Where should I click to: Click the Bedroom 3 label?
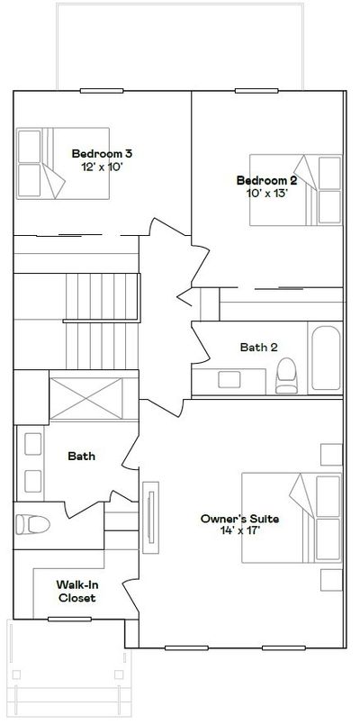click(102, 154)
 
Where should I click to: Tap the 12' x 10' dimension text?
click(102, 167)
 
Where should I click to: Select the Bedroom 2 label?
click(266, 180)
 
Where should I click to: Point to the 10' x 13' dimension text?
click(267, 193)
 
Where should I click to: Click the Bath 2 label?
click(258, 348)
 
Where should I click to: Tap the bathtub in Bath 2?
click(326, 357)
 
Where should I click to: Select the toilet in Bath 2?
click(286, 376)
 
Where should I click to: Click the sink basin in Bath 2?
click(229, 379)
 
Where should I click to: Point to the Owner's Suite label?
click(239, 519)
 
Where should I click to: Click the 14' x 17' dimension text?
click(240, 531)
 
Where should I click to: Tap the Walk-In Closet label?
click(76, 592)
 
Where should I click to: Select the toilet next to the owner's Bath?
click(32, 524)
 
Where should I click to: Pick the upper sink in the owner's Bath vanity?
click(32, 444)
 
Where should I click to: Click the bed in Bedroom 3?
click(63, 164)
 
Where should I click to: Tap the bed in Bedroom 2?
click(296, 190)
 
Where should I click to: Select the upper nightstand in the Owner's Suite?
click(331, 455)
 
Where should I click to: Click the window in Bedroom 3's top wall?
click(102, 91)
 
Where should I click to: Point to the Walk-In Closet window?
click(69, 619)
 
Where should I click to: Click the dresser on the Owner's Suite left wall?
click(150, 518)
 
